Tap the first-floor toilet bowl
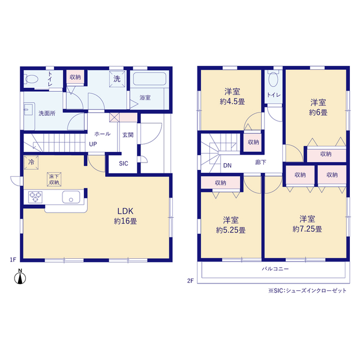click(x=31, y=79)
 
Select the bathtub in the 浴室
click(x=150, y=79)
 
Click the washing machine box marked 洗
click(x=117, y=79)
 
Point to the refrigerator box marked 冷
click(x=31, y=163)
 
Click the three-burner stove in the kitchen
click(x=35, y=197)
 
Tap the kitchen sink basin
click(x=71, y=197)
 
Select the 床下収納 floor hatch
click(x=54, y=179)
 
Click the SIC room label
click(x=124, y=164)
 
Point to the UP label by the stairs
click(x=93, y=144)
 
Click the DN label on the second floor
click(x=227, y=165)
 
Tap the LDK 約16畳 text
click(x=125, y=216)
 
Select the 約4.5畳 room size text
click(x=232, y=101)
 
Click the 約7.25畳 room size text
click(x=307, y=229)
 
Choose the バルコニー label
click(x=275, y=269)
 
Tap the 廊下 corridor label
click(x=260, y=163)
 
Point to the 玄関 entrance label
click(x=128, y=135)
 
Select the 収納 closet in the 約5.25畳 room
click(x=220, y=183)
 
